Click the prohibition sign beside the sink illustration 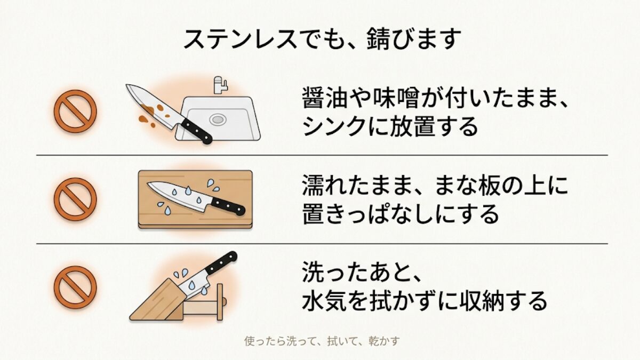pyautogui.click(x=75, y=111)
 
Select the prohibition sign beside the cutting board pyautogui.click(x=75, y=199)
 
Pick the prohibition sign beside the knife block pyautogui.click(x=75, y=287)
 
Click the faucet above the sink pyautogui.click(x=220, y=85)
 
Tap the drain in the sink pyautogui.click(x=218, y=119)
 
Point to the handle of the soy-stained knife pyautogui.click(x=197, y=131)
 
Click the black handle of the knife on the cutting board pyautogui.click(x=228, y=206)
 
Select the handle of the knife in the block pyautogui.click(x=221, y=263)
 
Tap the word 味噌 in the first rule pyautogui.click(x=394, y=98)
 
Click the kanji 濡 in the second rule pyautogui.click(x=314, y=185)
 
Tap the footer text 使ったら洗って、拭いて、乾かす pyautogui.click(x=322, y=341)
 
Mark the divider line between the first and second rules pyautogui.click(x=322, y=155)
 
